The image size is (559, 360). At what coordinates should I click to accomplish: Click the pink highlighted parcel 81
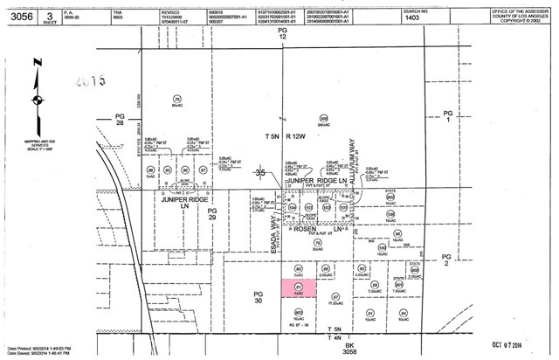297,288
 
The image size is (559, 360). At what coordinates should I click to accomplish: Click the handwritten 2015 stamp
87,80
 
